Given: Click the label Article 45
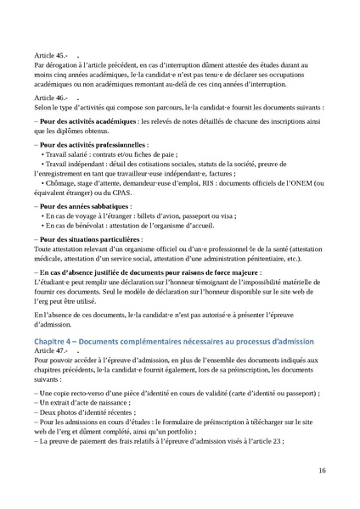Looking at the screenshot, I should point(50,53).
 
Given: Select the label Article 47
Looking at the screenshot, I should point(50,350).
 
